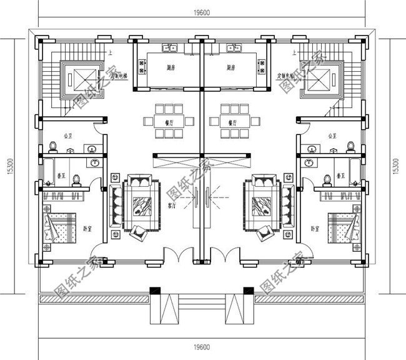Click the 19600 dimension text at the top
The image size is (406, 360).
201,11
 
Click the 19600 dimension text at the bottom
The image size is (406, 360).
201,347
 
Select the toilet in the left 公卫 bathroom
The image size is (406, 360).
54,147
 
